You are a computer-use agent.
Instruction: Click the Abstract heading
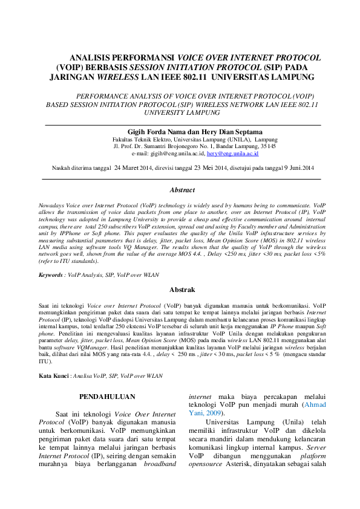tap(182, 190)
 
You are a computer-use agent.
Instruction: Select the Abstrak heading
tap(182, 290)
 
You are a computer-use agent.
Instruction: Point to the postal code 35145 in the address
tap(267, 146)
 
